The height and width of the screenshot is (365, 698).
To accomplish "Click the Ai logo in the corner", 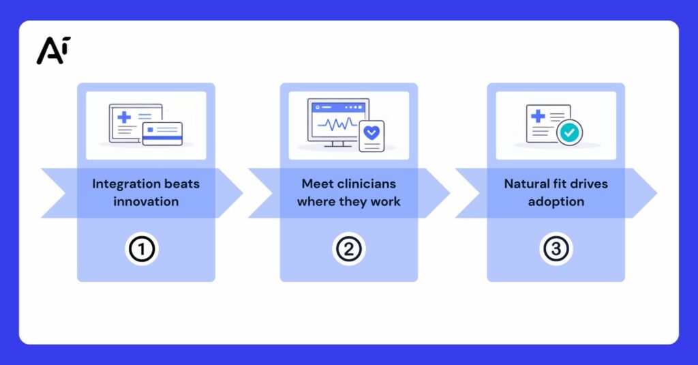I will [x=53, y=50].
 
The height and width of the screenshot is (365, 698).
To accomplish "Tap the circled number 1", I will [x=142, y=249].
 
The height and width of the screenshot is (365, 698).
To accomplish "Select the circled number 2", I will [x=349, y=249].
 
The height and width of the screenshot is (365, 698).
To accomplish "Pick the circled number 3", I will [x=556, y=249].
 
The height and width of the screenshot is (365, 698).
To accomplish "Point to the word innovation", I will [x=146, y=201].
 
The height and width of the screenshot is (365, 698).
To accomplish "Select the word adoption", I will [x=556, y=201].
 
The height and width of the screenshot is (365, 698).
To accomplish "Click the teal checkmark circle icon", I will [x=570, y=133].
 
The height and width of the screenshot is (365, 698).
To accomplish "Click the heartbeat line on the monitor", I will [x=337, y=125].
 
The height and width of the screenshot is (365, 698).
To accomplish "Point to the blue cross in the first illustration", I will [x=124, y=117].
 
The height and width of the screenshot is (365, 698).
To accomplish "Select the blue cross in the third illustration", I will [x=538, y=117].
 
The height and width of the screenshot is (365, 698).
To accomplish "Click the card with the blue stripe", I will [x=162, y=134].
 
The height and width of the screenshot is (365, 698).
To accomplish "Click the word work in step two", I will [x=386, y=201].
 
